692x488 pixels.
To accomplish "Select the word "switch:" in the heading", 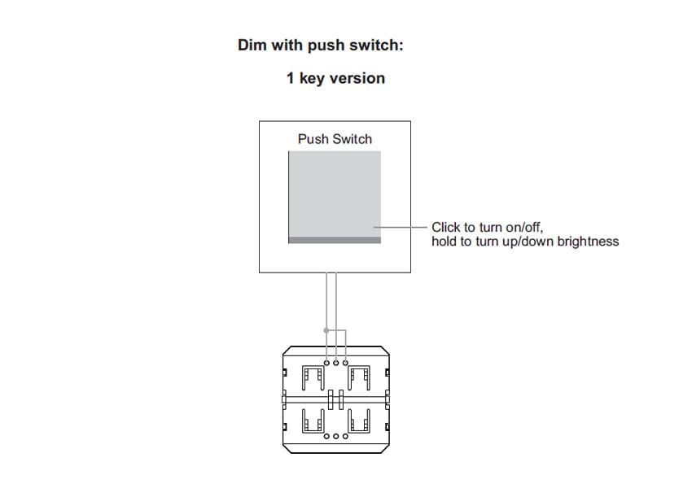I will [x=377, y=45].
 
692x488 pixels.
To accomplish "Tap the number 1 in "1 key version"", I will [x=290, y=78].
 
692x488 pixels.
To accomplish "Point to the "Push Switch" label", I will [x=335, y=139].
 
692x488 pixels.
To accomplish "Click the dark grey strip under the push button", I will [x=335, y=240].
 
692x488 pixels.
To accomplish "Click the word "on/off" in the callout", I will [x=524, y=228].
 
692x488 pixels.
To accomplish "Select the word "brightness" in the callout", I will [x=588, y=242].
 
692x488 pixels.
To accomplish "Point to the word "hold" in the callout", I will [x=445, y=242].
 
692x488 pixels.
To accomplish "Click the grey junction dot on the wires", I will [x=326, y=330].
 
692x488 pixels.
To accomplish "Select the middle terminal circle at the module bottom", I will [x=336, y=437].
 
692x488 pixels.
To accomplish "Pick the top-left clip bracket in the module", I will [x=312, y=377].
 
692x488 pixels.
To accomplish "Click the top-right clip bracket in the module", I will [x=359, y=377].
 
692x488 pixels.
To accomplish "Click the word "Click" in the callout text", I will [x=446, y=228].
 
